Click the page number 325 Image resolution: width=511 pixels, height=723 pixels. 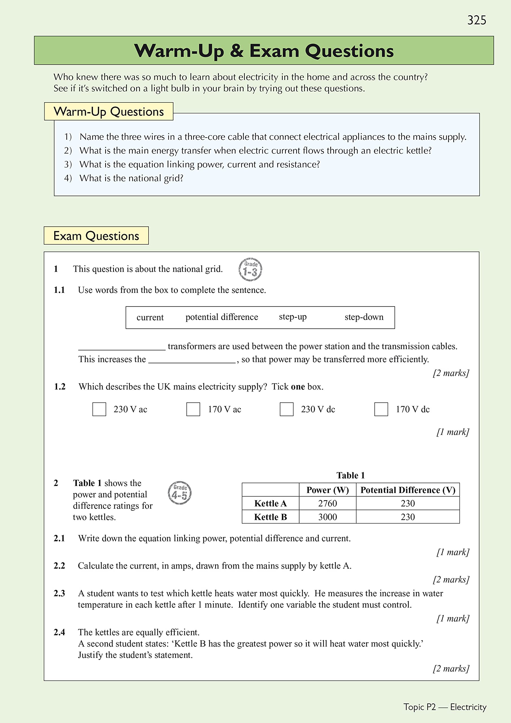[x=476, y=20]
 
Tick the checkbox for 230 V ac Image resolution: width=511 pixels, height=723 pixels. [x=99, y=409]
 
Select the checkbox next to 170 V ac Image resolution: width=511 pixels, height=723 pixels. [x=193, y=409]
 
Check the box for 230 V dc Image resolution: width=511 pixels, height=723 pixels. [x=287, y=409]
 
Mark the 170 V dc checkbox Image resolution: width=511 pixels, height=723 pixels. [x=381, y=409]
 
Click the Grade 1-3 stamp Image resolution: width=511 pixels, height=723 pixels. [x=250, y=269]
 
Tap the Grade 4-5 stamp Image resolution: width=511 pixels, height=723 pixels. [x=180, y=493]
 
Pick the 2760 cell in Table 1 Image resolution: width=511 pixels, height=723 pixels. [x=327, y=503]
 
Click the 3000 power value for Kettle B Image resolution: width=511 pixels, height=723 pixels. [x=327, y=517]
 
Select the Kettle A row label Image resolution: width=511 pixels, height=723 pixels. [x=270, y=503]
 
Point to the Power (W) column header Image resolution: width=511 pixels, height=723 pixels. [x=327, y=490]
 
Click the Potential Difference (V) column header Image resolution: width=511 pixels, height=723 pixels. [x=408, y=490]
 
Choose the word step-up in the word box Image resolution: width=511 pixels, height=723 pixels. [x=292, y=317]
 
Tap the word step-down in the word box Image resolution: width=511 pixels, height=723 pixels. [x=364, y=317]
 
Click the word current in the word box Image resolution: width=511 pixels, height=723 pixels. [x=150, y=317]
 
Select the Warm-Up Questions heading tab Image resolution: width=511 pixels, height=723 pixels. [x=109, y=112]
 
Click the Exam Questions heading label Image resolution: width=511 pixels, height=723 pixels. [x=96, y=236]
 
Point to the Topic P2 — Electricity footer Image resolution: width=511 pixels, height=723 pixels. [x=445, y=707]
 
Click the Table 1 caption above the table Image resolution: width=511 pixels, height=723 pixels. [x=350, y=475]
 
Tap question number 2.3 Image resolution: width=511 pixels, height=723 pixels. [x=59, y=593]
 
